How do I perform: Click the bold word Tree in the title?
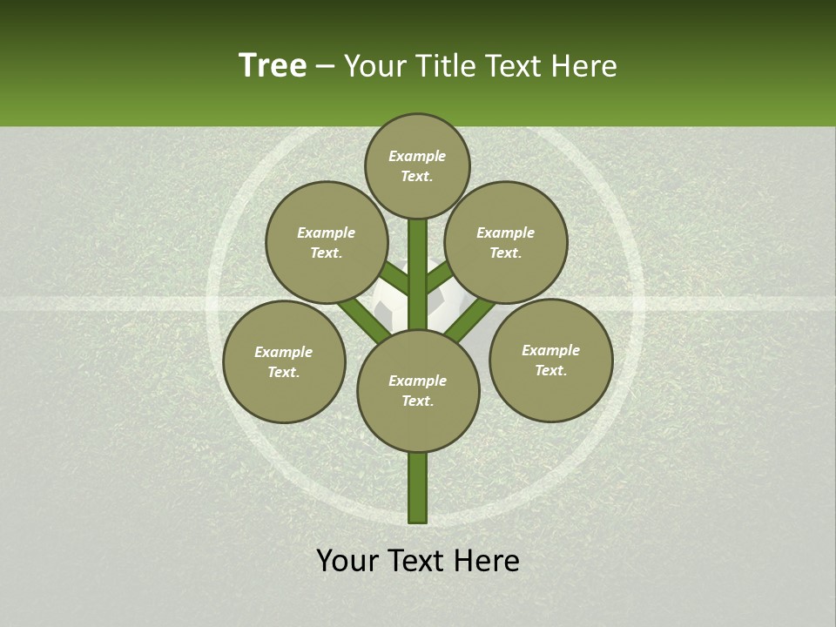(x=273, y=65)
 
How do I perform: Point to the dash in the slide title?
(x=325, y=66)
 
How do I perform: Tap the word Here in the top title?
(x=585, y=66)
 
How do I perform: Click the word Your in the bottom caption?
(x=347, y=561)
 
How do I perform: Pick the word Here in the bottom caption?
(x=488, y=561)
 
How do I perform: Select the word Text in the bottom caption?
(x=417, y=561)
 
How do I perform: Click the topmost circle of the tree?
(x=417, y=165)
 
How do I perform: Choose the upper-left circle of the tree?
(x=326, y=242)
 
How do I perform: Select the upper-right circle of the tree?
(x=506, y=242)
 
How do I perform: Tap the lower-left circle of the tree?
(x=284, y=361)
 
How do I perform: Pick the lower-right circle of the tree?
(x=550, y=360)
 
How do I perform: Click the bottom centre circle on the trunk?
(x=418, y=390)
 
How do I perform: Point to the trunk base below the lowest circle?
(x=418, y=488)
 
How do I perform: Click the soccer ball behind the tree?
(x=388, y=300)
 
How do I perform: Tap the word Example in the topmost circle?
(x=417, y=156)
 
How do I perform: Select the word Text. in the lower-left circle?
(x=284, y=372)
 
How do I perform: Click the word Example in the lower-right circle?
(x=550, y=350)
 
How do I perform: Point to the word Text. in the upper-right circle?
(x=506, y=253)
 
